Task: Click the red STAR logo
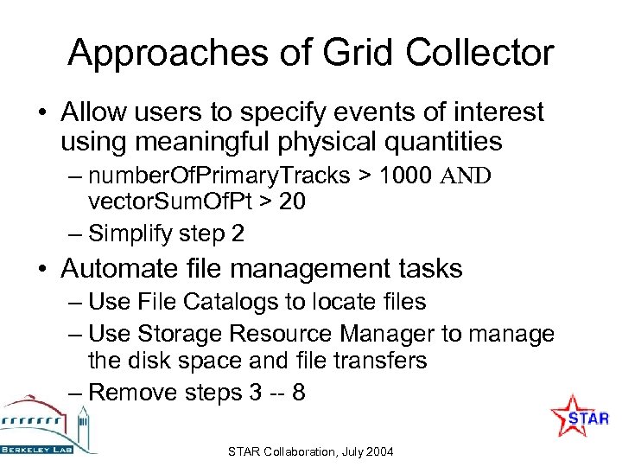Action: pos(581,419)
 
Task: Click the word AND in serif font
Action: pos(466,177)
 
